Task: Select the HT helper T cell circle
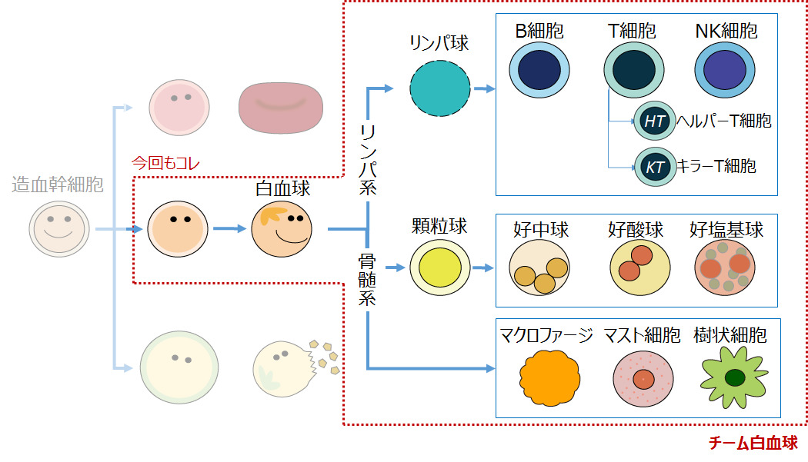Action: [x=654, y=121]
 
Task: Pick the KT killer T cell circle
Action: [x=654, y=167]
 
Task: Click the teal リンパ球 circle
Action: [x=440, y=86]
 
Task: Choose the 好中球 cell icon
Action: [x=539, y=271]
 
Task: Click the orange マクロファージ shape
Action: [x=549, y=377]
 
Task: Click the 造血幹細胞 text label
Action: [x=58, y=184]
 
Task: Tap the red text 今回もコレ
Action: [x=166, y=165]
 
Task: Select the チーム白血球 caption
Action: [x=753, y=444]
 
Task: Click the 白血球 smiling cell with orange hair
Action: [x=281, y=228]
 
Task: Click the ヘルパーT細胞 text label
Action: [x=723, y=121]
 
